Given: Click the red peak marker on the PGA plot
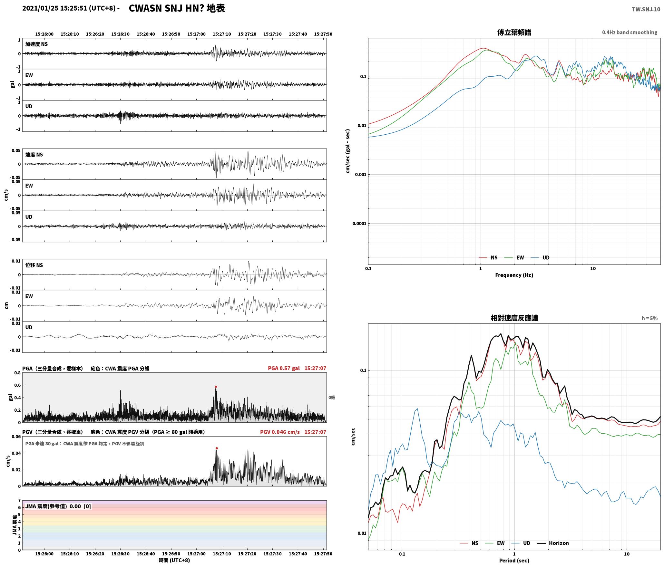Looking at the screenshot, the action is [x=216, y=387].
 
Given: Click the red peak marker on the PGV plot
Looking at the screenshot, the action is [x=217, y=448].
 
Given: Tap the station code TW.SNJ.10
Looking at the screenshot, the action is [x=646, y=9].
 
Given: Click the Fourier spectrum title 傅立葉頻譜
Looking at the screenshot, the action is [x=514, y=33].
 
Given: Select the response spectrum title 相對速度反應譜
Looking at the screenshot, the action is [x=514, y=318].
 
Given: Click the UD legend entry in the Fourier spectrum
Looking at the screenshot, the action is [x=541, y=257].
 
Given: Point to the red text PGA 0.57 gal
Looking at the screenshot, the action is [x=284, y=368].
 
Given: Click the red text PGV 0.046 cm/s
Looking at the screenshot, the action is [x=280, y=432].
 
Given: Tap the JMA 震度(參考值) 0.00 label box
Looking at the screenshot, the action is [x=58, y=506].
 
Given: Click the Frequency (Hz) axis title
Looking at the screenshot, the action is [x=514, y=275].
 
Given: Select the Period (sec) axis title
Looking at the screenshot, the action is [x=514, y=561].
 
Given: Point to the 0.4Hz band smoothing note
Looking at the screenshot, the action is [x=630, y=33].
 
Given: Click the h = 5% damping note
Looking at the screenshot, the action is [x=649, y=318].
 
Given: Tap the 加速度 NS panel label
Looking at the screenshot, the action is [x=36, y=44].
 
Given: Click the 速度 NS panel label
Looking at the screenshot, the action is [x=34, y=155].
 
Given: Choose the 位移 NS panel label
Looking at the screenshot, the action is [x=34, y=265].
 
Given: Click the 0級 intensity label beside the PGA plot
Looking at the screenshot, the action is [x=332, y=398].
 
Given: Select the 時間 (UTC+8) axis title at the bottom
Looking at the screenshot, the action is [x=174, y=560].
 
